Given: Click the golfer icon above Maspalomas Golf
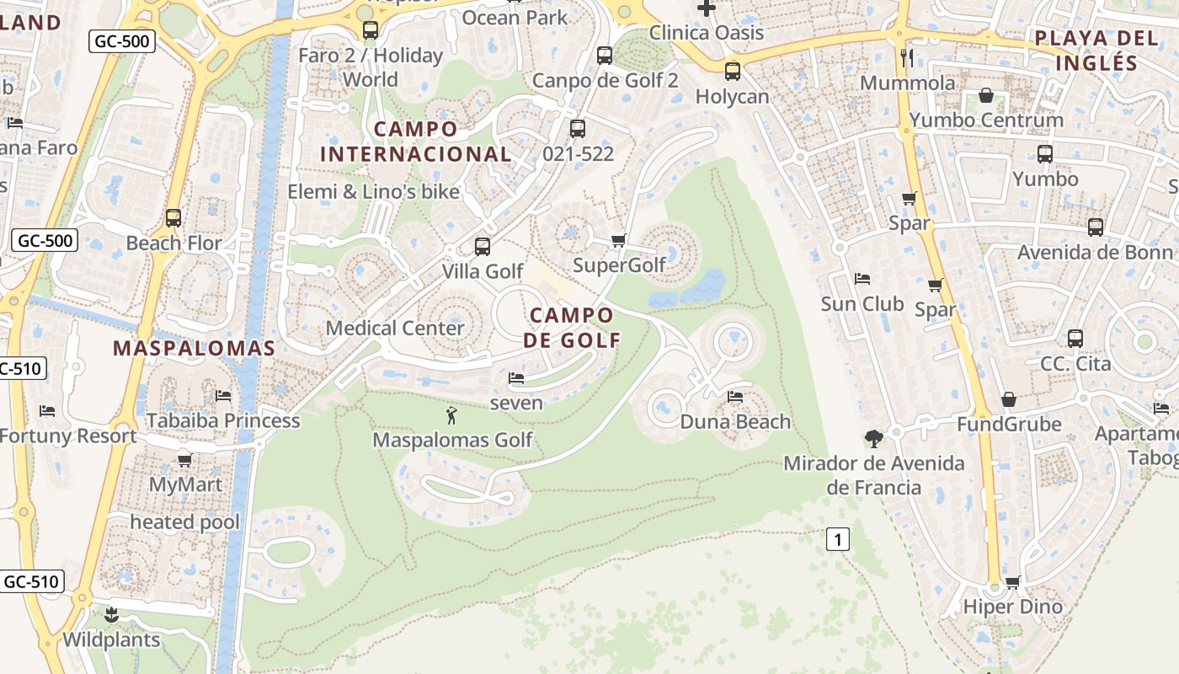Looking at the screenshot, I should coord(451,415).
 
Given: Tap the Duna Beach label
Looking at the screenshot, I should coord(735,422).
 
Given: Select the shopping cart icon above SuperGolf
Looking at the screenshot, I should coord(619,241).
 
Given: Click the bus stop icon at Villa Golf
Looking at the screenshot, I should coord(483,246).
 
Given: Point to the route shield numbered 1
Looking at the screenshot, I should coord(837,539).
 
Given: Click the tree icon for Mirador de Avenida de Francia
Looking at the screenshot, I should coord(874,438).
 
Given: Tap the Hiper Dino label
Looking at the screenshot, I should coord(1012,607).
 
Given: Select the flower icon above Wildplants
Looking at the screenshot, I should coord(111,614).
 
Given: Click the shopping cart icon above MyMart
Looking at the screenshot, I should coord(185,460).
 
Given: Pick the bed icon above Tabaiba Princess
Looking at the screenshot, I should coord(223,395).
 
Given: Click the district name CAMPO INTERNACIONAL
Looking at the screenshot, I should coord(416,142).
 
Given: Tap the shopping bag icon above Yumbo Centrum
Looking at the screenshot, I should coord(986,95).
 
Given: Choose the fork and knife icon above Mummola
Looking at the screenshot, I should coord(907,57).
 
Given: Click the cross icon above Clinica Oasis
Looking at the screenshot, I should coord(706,8).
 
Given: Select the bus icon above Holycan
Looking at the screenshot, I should coord(733,71).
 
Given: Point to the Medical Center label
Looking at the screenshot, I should coord(395,328).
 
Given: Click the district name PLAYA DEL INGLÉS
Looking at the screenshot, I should coord(1096,50).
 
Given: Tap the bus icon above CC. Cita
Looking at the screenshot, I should coord(1075,339).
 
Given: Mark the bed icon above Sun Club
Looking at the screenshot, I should coord(862,279).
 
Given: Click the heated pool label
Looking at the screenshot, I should coord(184,522).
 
